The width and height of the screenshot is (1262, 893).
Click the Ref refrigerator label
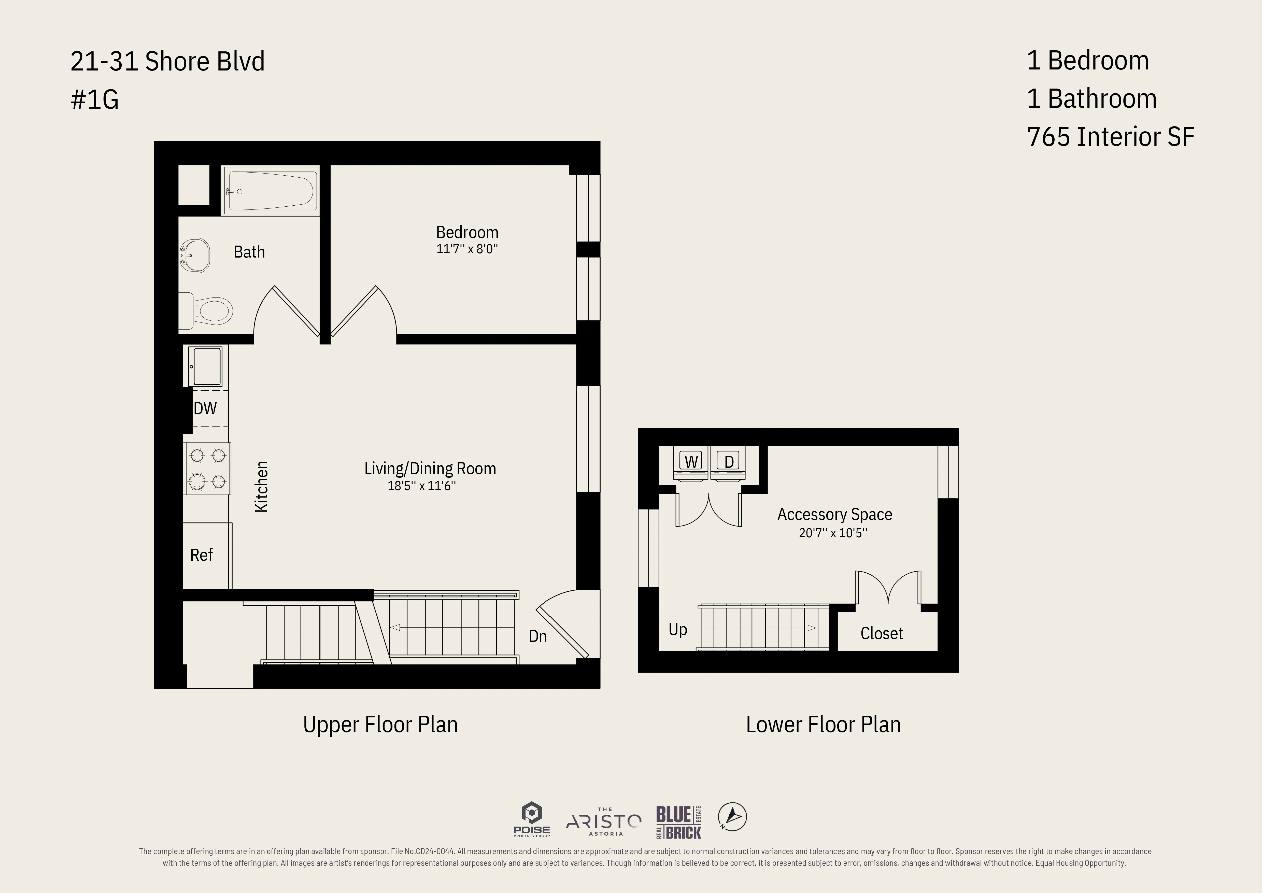[201, 555]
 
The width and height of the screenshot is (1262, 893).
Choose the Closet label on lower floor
[882, 633]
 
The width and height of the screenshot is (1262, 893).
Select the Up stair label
[677, 630]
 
